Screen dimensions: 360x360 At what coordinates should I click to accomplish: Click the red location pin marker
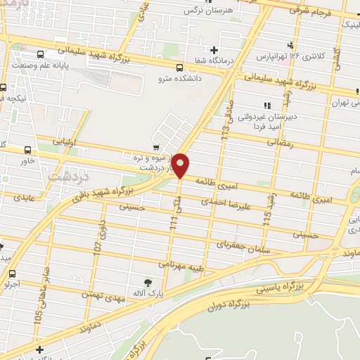click(181, 165)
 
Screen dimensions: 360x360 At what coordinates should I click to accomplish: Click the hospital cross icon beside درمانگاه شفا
click(213, 50)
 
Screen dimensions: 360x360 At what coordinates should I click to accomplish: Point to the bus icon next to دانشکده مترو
click(180, 68)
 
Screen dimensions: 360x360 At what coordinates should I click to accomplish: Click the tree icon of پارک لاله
click(147, 283)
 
